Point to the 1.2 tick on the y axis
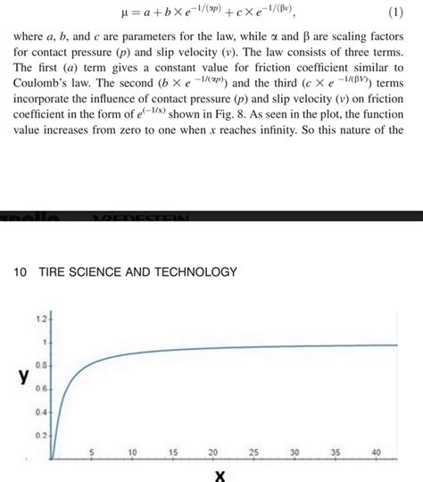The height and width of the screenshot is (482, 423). pyautogui.click(x=39, y=319)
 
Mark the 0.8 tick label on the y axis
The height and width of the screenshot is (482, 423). pyautogui.click(x=39, y=366)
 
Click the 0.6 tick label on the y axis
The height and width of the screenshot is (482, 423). pyautogui.click(x=39, y=389)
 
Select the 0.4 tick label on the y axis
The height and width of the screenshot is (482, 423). pyautogui.click(x=39, y=412)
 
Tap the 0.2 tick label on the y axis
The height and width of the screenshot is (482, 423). pyautogui.click(x=39, y=436)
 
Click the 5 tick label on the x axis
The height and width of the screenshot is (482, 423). pyautogui.click(x=91, y=453)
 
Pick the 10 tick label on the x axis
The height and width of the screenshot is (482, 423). pyautogui.click(x=132, y=453)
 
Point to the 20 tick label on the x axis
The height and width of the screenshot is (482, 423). pyautogui.click(x=213, y=453)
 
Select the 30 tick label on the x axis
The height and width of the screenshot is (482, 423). pyautogui.click(x=294, y=453)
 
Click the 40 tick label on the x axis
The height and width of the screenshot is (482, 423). pyautogui.click(x=376, y=453)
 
